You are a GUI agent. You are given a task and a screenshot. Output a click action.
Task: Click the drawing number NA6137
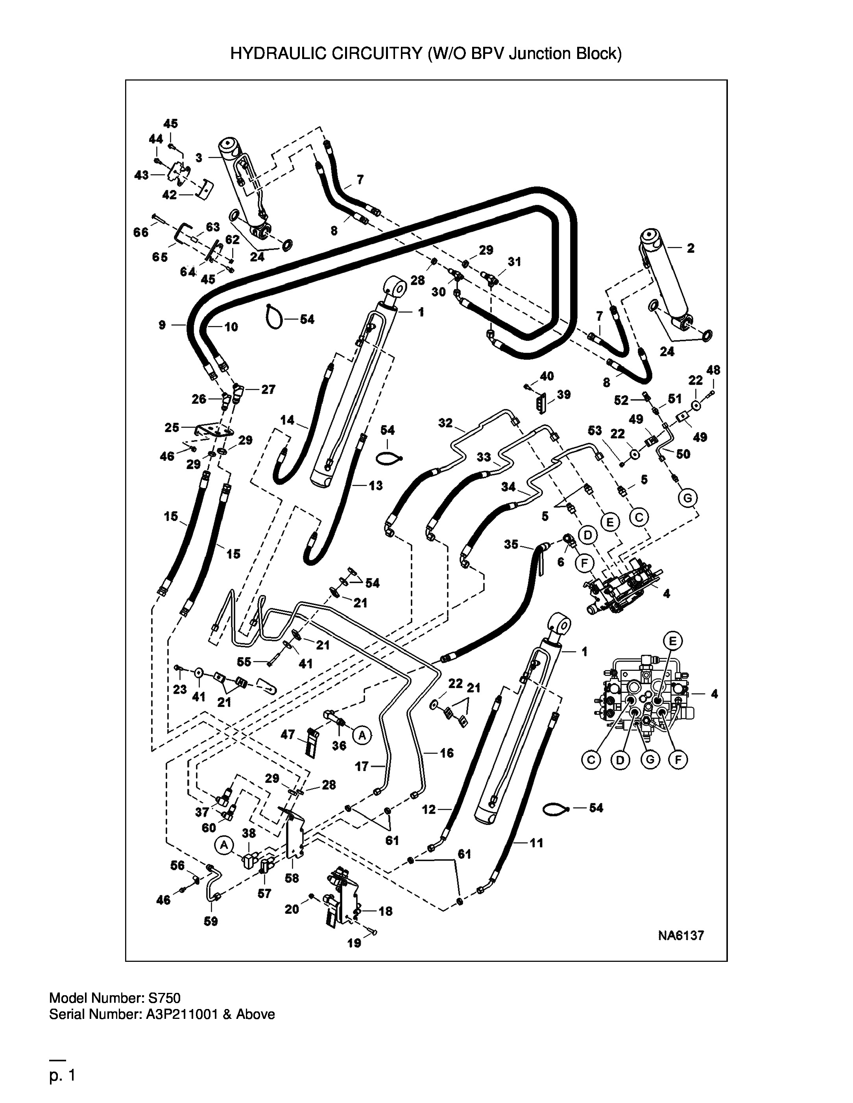(x=681, y=936)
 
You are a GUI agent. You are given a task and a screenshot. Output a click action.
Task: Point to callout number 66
(x=141, y=232)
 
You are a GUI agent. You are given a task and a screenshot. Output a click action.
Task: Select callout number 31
(x=514, y=261)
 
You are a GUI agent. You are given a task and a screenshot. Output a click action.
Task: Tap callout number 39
(x=563, y=394)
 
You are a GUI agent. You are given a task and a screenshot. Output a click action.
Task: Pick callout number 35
(x=511, y=544)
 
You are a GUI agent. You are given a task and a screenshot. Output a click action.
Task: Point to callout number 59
(x=211, y=921)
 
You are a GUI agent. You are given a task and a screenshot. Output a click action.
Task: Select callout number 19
(x=354, y=943)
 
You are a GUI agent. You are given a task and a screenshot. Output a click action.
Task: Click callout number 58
(x=292, y=878)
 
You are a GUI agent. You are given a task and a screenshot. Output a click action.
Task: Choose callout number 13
(x=375, y=486)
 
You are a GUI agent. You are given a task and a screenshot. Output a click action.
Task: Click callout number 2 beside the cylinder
(x=691, y=248)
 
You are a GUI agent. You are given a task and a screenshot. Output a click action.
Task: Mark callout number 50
(x=683, y=454)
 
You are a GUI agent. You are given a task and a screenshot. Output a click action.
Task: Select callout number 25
(x=172, y=427)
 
